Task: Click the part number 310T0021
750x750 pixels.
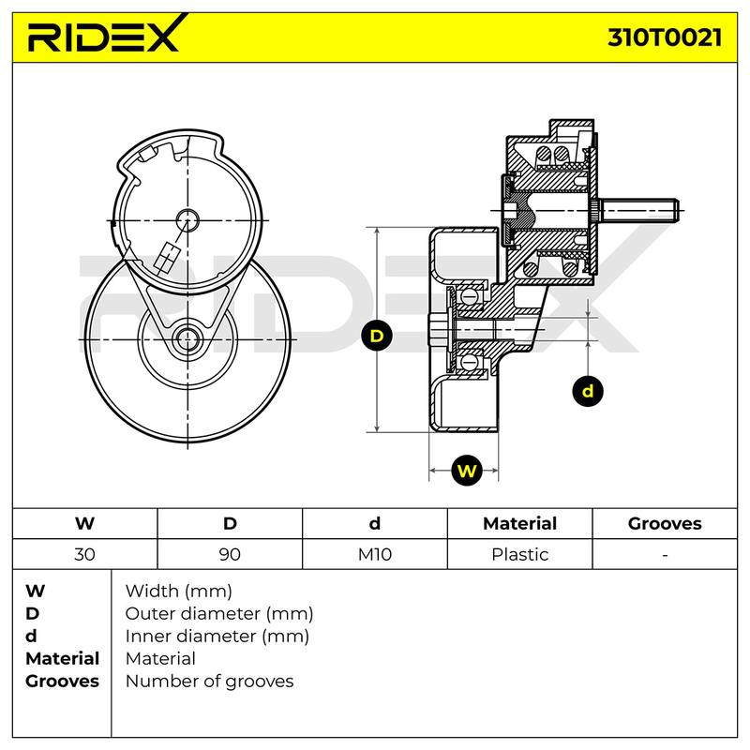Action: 665,37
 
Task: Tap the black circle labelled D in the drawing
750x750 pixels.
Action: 377,336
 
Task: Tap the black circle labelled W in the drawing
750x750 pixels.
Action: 466,471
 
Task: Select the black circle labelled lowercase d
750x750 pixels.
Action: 588,391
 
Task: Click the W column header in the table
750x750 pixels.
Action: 84,523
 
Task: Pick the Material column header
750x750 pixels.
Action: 520,523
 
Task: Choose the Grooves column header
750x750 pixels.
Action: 665,523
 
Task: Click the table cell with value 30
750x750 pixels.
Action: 84,554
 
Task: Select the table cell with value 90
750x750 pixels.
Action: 230,554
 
